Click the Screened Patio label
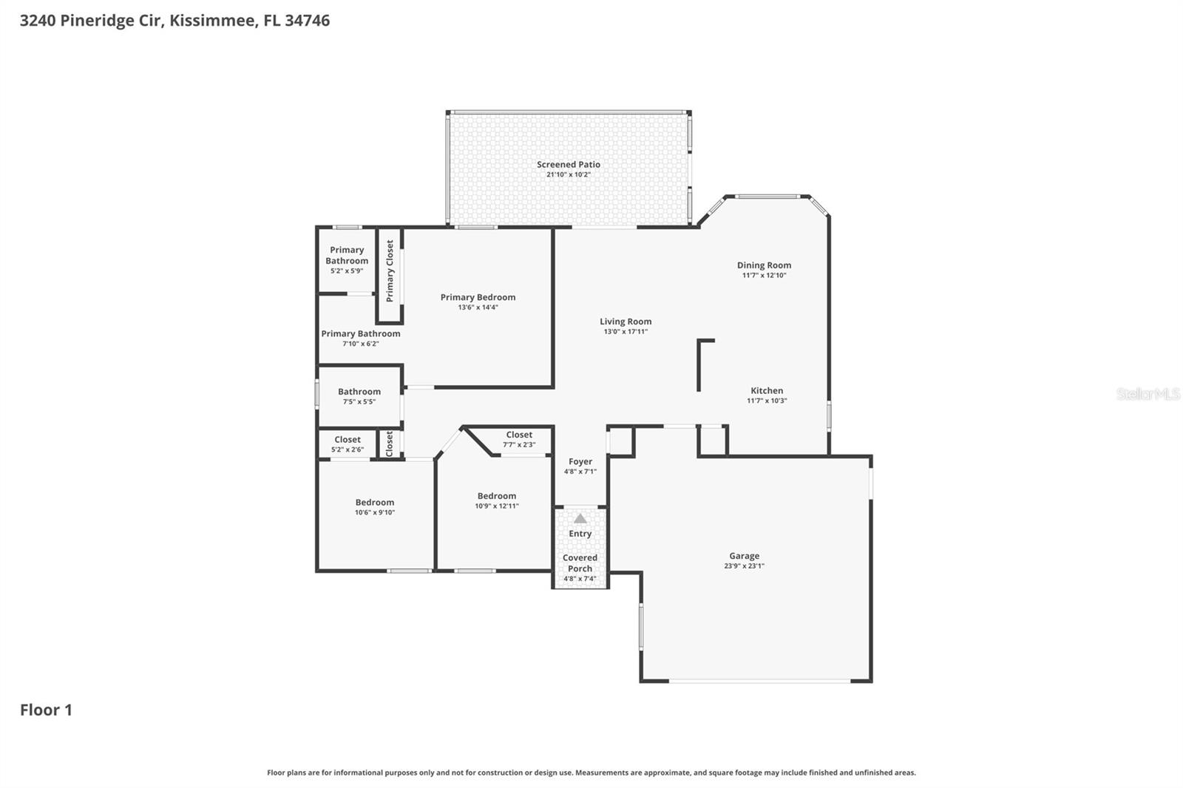[x=568, y=165]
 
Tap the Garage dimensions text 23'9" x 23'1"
[x=744, y=566]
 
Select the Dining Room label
[x=764, y=265]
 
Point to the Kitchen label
[x=767, y=391]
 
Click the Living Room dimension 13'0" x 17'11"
[x=626, y=332]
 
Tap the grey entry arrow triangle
[x=580, y=518]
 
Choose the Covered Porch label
[x=580, y=563]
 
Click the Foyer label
[x=580, y=461]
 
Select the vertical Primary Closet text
[x=390, y=271]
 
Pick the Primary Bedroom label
[x=478, y=297]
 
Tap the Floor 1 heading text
[x=46, y=710]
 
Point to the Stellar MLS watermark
[x=1148, y=394]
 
